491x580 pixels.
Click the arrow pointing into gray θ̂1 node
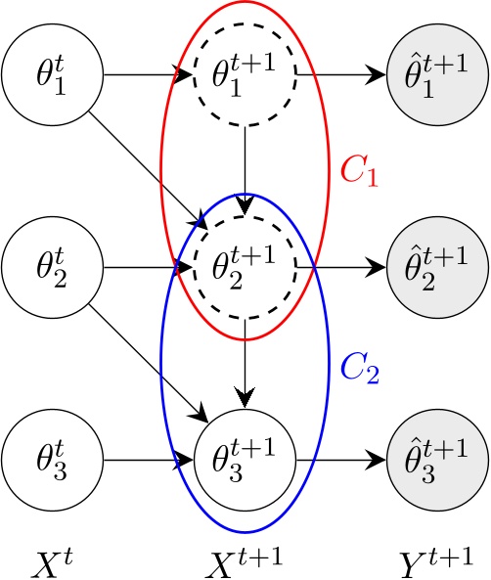[x=342, y=75]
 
